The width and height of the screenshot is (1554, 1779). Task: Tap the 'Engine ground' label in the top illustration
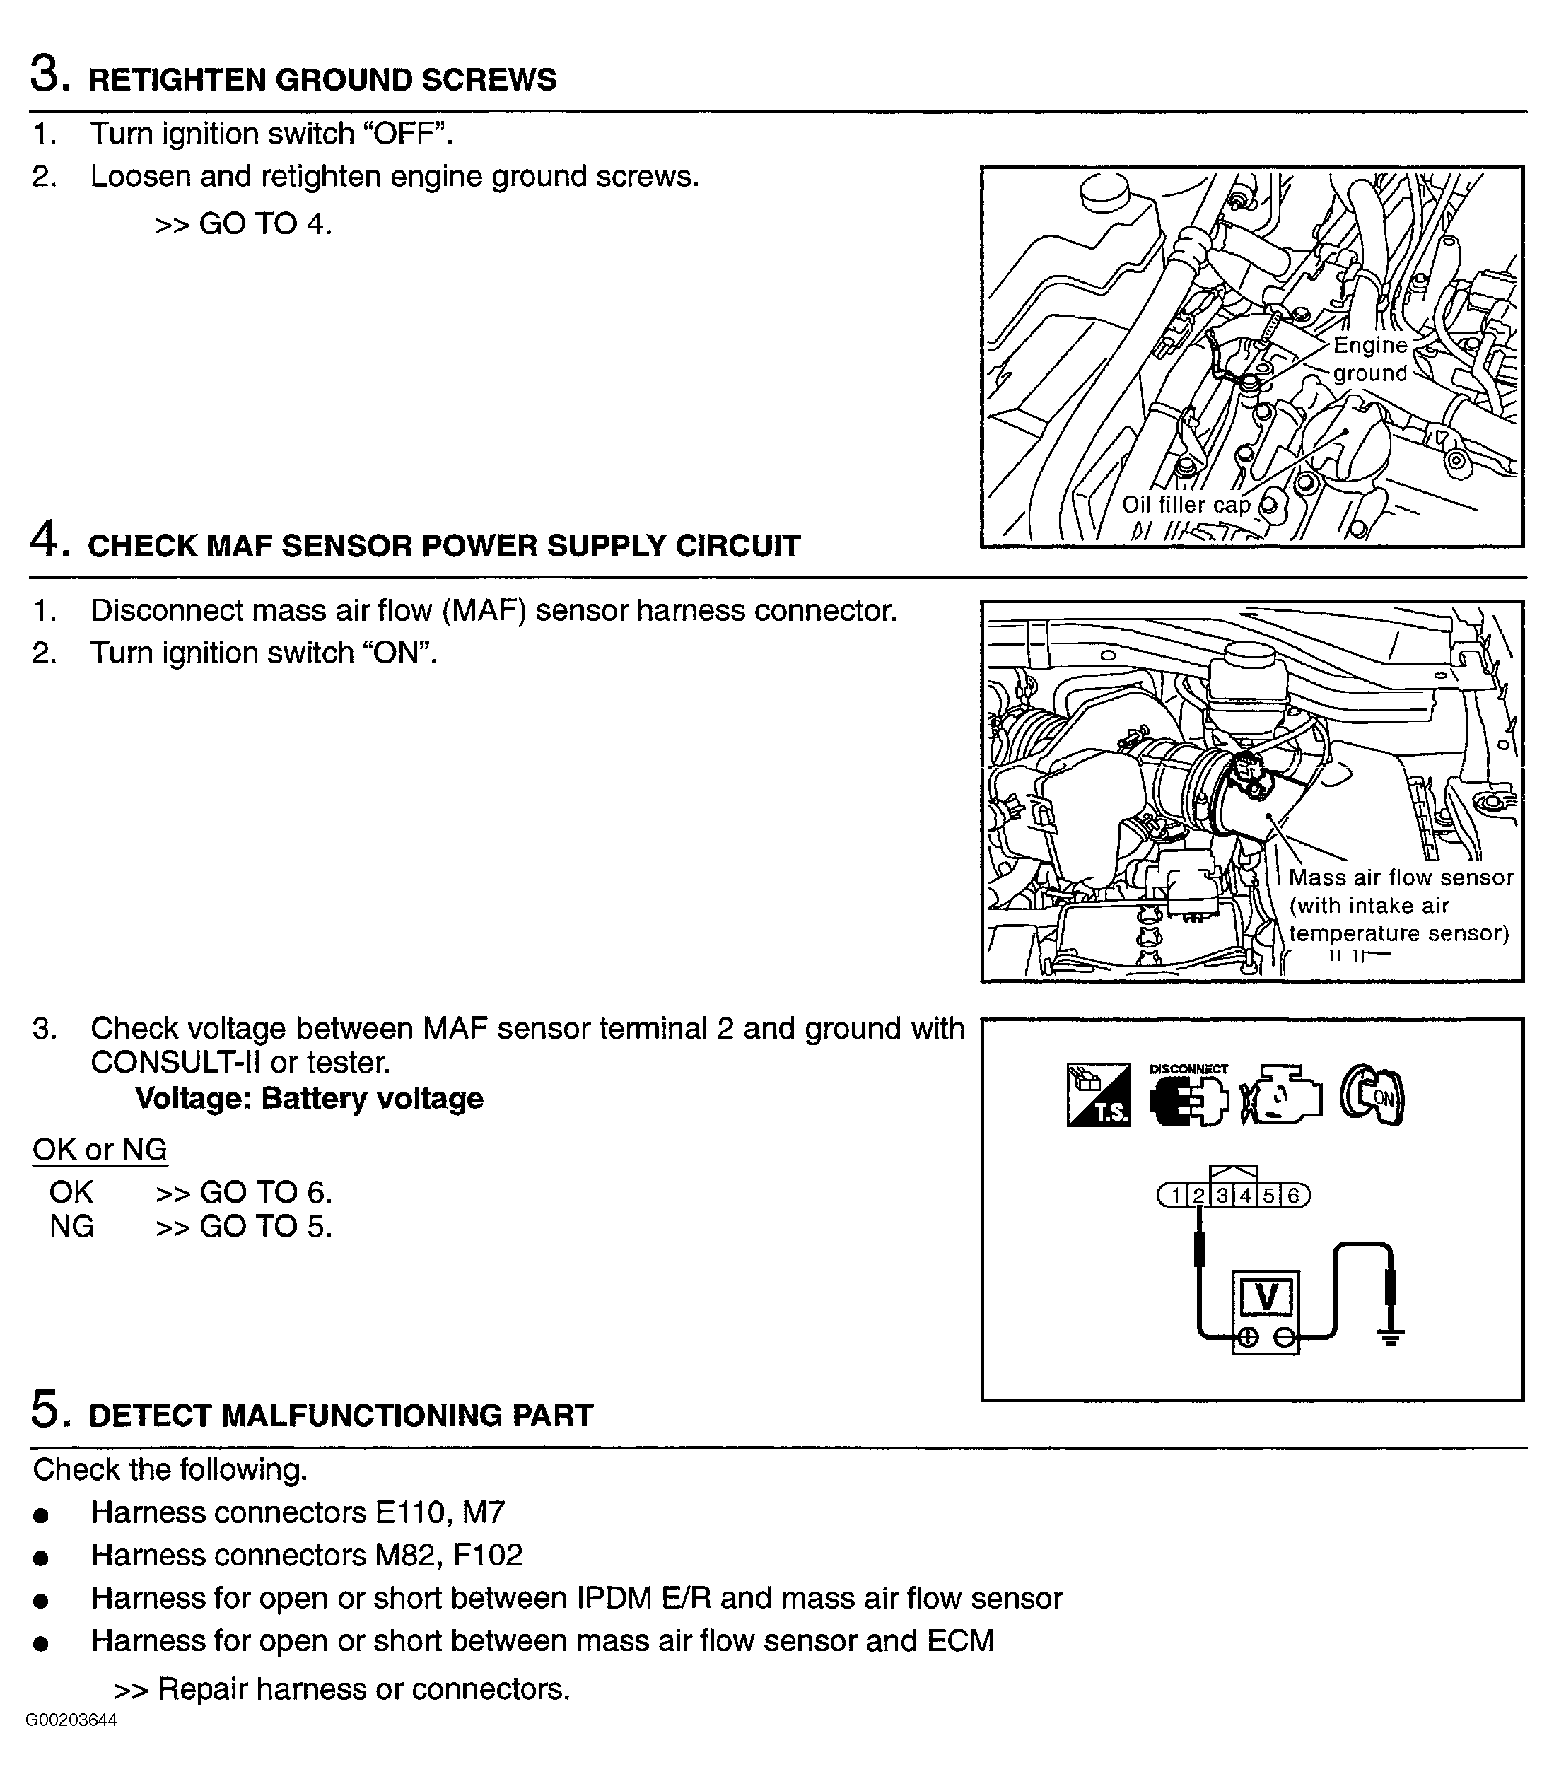[x=1369, y=359]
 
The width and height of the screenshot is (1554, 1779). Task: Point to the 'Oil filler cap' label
[x=1186, y=505]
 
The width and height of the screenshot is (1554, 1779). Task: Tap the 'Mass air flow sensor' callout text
[x=1400, y=877]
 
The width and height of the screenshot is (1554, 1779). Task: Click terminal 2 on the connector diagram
[x=1198, y=1196]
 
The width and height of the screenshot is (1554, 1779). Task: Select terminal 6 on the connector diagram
[x=1293, y=1196]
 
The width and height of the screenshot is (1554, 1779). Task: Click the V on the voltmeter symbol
[x=1266, y=1297]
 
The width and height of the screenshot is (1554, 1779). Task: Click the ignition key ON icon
[x=1372, y=1095]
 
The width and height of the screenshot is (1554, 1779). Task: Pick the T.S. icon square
[x=1098, y=1095]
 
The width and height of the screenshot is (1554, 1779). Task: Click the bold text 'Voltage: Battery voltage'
[x=309, y=1099]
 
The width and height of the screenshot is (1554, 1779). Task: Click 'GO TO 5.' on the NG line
[x=265, y=1227]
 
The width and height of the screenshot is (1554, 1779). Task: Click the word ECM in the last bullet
[x=960, y=1641]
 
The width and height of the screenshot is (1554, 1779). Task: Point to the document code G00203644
[x=71, y=1721]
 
